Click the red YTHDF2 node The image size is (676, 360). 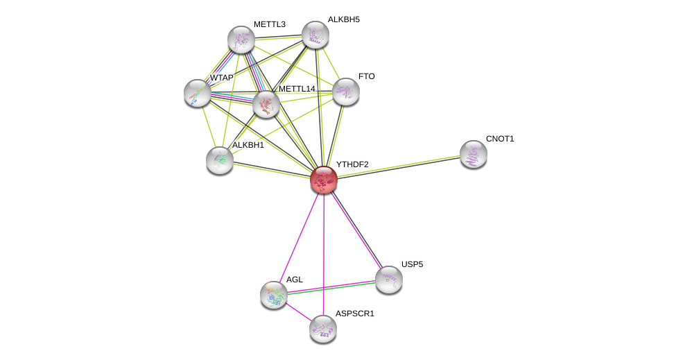[x=324, y=180]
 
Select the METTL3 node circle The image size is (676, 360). [x=241, y=40]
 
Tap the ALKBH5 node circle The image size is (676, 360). [x=315, y=35]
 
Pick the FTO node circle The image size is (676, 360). [x=346, y=92]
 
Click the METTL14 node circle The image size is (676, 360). [x=266, y=104]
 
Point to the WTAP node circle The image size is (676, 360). [x=198, y=93]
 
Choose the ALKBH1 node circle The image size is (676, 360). [x=220, y=160]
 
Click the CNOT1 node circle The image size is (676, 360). [x=474, y=154]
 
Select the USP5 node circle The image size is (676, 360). [x=389, y=280]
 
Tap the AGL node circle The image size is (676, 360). [x=274, y=295]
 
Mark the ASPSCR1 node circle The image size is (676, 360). [x=323, y=329]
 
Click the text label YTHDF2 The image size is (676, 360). [x=352, y=164]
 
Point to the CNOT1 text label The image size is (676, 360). [x=499, y=139]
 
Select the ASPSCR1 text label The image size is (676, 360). [x=354, y=314]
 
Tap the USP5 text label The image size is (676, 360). [x=412, y=264]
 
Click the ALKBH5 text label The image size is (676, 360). [x=343, y=19]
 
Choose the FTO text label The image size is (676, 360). [x=366, y=76]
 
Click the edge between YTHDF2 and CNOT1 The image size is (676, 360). [x=399, y=166]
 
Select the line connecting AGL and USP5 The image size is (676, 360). [x=331, y=287]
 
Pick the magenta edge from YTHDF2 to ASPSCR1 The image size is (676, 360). [x=324, y=254]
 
